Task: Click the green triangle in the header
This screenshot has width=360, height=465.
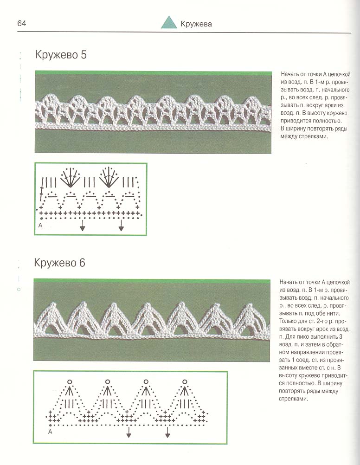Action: [169, 23]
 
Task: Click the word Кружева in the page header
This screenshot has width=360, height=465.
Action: [196, 24]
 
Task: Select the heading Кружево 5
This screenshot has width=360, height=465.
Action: [61, 55]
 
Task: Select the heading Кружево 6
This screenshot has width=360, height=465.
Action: [59, 263]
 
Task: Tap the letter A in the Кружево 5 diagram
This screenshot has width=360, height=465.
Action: [40, 225]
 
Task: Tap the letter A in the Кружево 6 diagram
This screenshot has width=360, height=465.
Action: [50, 432]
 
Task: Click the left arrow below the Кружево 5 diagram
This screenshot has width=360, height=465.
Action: [82, 226]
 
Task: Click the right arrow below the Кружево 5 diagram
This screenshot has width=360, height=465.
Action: [121, 226]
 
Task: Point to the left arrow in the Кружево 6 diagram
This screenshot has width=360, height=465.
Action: [129, 433]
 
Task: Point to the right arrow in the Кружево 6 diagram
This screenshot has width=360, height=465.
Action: [167, 433]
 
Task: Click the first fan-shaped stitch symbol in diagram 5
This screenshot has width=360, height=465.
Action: [71, 177]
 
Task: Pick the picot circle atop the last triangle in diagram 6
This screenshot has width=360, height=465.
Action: [185, 381]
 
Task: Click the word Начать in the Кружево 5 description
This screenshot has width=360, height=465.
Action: [290, 74]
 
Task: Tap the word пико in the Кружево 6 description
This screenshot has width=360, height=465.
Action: [301, 340]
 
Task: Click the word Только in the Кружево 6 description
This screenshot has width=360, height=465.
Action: [290, 321]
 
